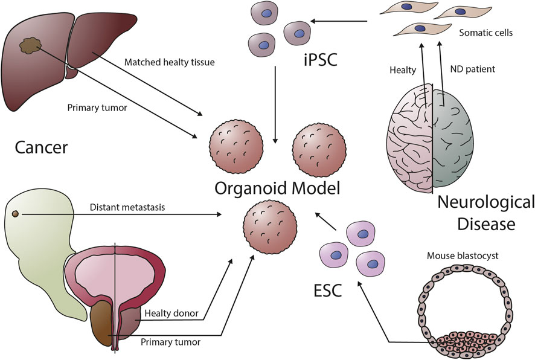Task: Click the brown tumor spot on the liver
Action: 29,46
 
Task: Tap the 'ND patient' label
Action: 472,69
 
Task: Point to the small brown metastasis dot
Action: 16,214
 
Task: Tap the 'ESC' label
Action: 328,291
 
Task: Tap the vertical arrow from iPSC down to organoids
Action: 275,100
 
